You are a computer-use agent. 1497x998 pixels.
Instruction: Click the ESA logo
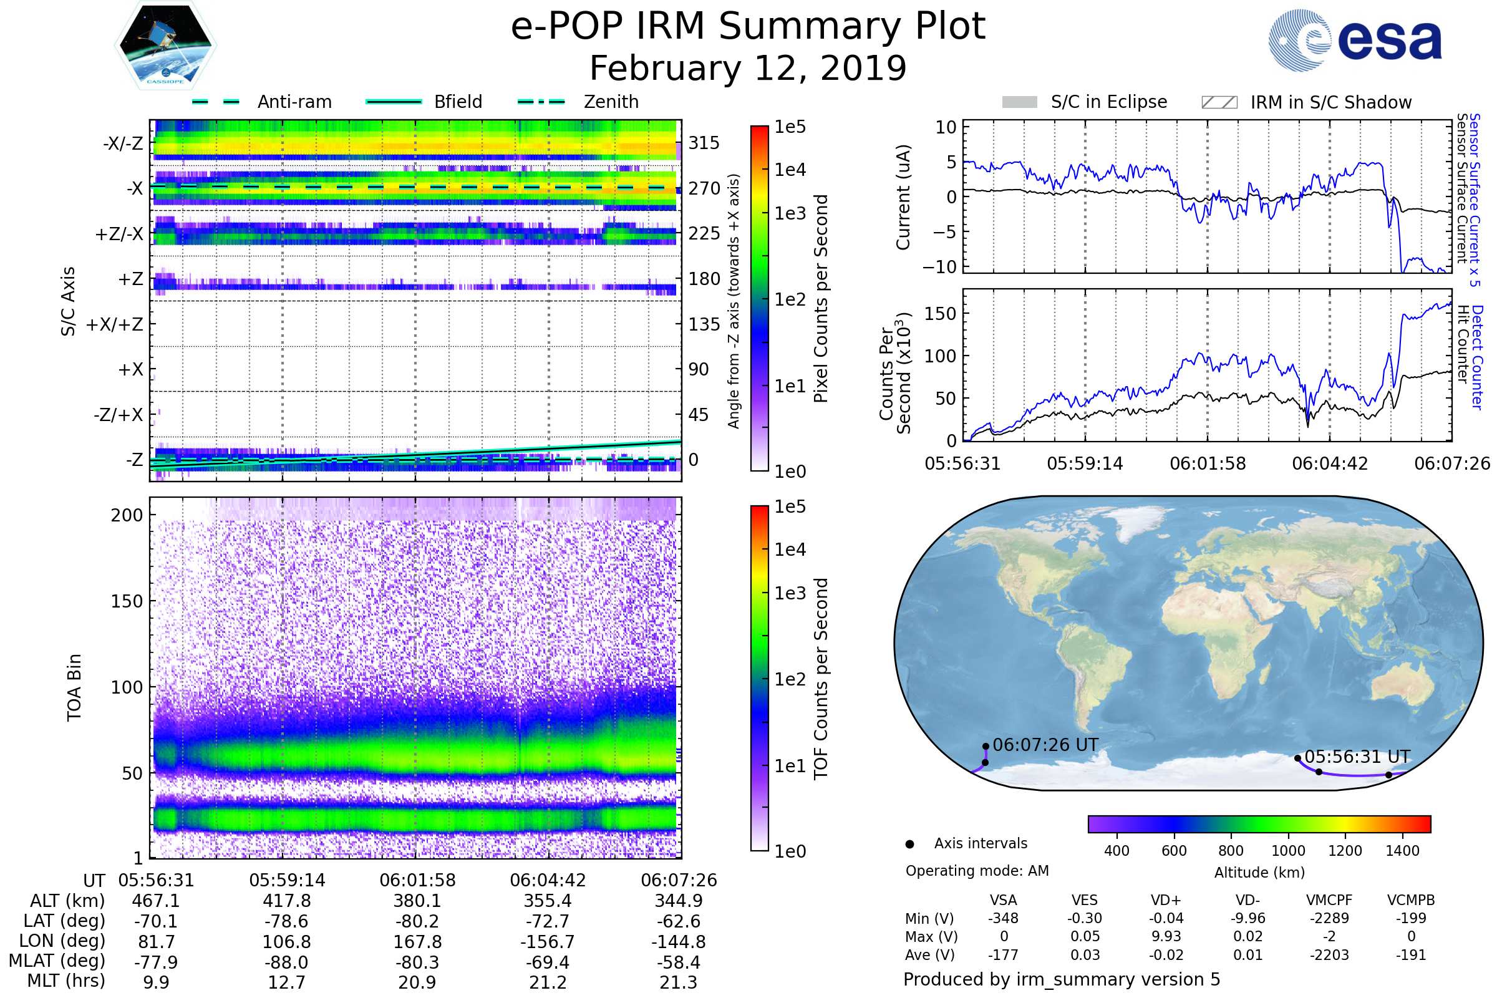(x=1355, y=39)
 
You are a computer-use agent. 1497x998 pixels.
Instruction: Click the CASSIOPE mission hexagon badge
(x=165, y=44)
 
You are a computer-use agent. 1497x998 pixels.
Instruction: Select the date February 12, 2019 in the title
(x=748, y=68)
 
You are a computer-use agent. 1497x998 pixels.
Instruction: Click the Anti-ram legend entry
(x=261, y=102)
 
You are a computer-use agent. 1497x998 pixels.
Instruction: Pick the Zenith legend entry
(x=578, y=102)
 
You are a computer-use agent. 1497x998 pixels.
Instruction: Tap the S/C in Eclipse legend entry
(x=1085, y=102)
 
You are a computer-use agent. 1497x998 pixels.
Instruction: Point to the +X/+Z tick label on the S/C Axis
(x=115, y=324)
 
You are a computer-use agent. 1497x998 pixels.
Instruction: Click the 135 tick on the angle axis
(x=704, y=324)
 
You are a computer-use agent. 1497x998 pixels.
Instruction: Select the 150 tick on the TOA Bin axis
(x=127, y=601)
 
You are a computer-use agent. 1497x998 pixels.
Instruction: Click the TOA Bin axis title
(x=74, y=687)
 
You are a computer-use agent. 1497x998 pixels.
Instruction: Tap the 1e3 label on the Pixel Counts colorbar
(x=790, y=213)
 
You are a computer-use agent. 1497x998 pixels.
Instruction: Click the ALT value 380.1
(x=417, y=901)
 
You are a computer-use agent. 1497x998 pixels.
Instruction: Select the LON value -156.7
(x=548, y=942)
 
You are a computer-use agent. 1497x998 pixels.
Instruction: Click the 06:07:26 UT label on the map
(x=1046, y=745)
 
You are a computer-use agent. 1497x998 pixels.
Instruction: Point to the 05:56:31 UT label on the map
(x=1358, y=757)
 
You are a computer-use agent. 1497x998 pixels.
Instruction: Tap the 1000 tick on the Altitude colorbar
(x=1288, y=851)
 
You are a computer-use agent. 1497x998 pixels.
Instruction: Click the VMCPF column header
(x=1329, y=901)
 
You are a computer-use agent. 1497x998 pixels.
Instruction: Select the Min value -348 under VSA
(x=1003, y=918)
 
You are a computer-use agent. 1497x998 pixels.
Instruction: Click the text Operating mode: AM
(x=977, y=871)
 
